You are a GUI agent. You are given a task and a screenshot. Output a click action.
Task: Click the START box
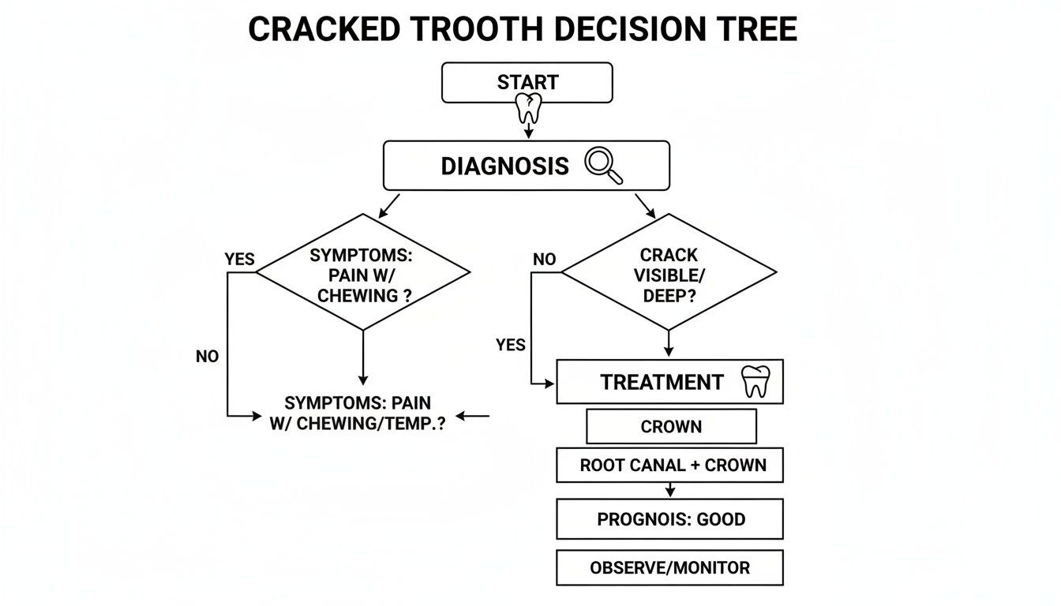[527, 83]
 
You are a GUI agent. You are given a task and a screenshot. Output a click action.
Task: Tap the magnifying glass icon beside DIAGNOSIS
[603, 166]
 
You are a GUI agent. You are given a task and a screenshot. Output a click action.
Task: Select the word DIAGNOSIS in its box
[504, 166]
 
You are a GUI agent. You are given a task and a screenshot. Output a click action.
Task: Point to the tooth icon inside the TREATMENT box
[755, 382]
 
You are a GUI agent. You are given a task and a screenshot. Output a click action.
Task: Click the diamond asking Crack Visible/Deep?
[669, 272]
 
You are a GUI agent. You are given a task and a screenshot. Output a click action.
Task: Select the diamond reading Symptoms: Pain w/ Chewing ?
[363, 273]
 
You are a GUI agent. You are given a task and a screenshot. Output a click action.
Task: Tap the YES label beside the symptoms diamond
[240, 260]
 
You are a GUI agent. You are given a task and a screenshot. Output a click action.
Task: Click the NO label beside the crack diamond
[545, 260]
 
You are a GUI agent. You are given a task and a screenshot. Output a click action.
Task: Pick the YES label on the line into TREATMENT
[511, 345]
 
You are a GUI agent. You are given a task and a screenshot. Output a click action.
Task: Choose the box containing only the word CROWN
[671, 427]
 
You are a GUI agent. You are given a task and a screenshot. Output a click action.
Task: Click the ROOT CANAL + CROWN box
[669, 466]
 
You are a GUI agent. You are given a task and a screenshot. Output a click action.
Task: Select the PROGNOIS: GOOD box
[669, 519]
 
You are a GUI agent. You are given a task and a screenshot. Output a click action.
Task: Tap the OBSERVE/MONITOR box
[669, 568]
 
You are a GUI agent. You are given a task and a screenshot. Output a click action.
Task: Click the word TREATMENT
[662, 383]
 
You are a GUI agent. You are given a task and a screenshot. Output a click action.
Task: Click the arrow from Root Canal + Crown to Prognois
[670, 490]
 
